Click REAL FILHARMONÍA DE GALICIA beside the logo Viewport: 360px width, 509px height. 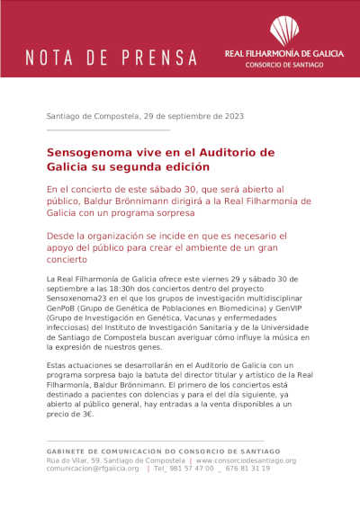coord(283,54)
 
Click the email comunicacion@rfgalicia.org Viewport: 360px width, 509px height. coord(93,469)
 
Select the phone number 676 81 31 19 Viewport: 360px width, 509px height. coord(247,469)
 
